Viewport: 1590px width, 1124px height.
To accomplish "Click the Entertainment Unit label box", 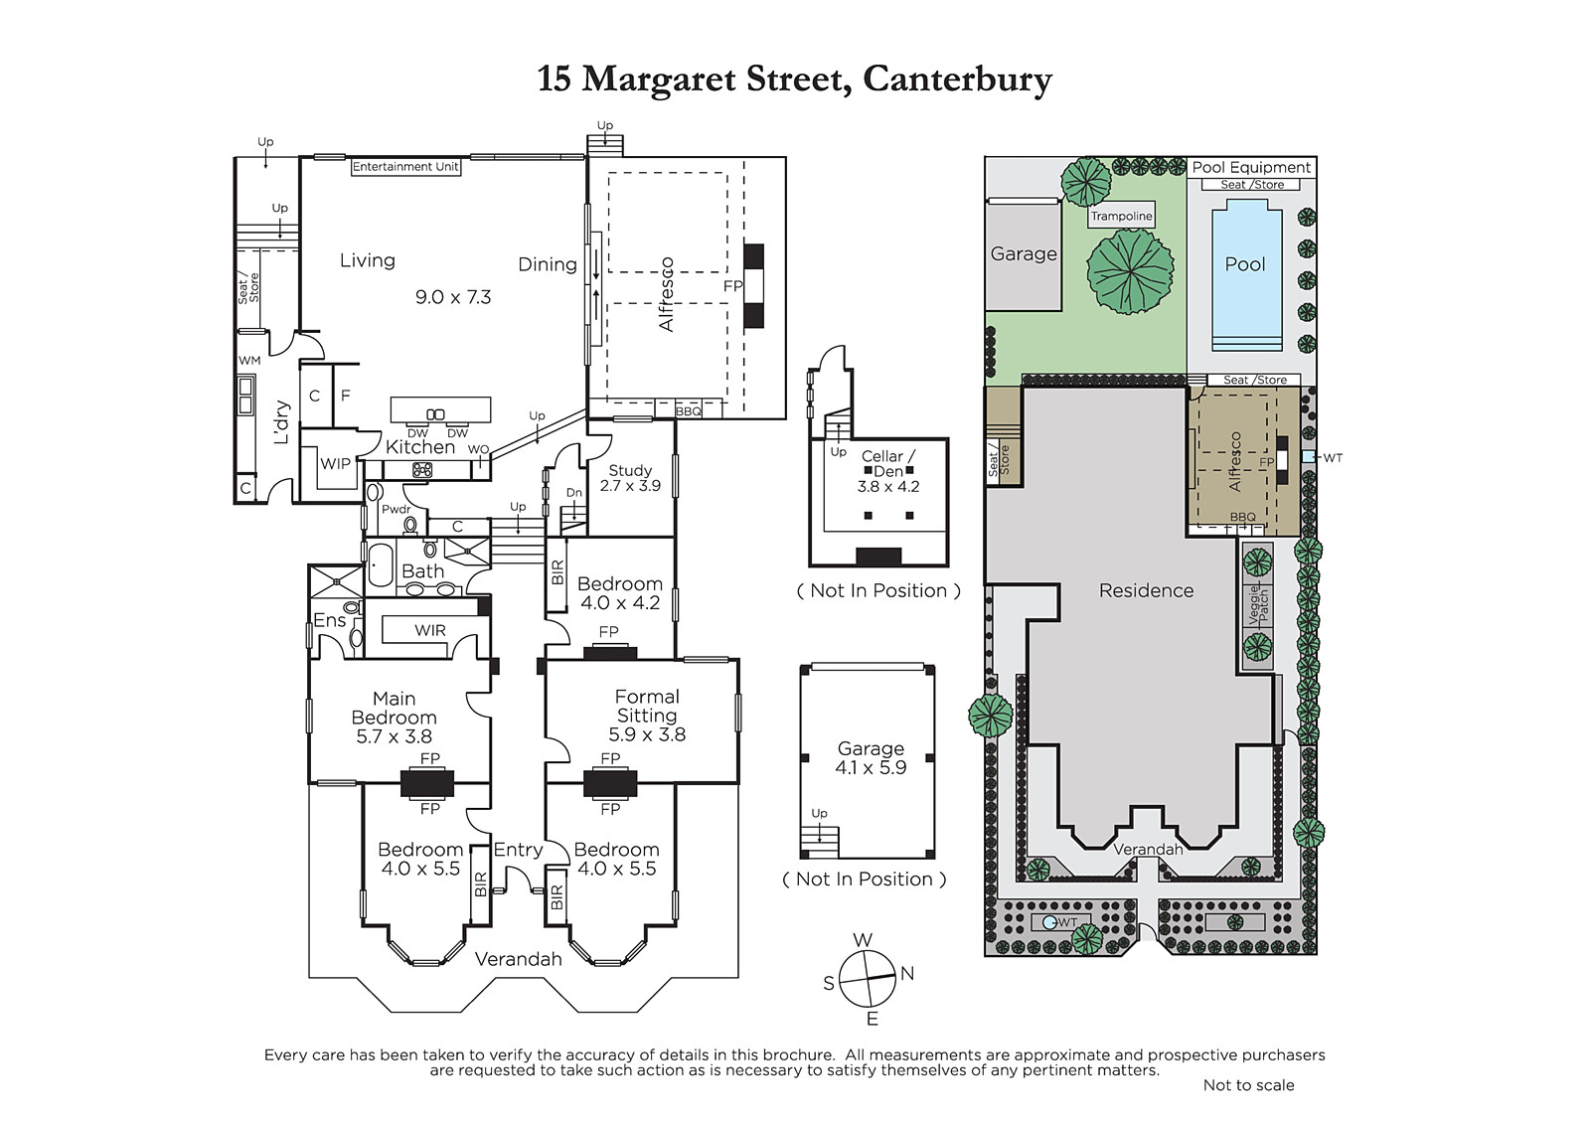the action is click(406, 167).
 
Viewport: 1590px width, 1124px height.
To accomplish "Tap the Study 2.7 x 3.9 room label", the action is click(630, 478).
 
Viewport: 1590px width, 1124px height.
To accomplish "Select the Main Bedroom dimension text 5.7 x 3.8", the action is click(394, 736).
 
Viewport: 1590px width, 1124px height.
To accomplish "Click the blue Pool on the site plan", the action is click(1246, 275).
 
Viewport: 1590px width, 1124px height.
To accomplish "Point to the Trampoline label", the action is click(1122, 216).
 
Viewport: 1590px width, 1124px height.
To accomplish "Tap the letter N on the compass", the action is click(907, 974).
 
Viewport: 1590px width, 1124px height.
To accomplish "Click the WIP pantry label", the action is click(335, 464).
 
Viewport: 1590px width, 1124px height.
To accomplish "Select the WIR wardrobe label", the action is click(430, 630).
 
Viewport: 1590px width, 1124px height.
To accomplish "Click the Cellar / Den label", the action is click(888, 464).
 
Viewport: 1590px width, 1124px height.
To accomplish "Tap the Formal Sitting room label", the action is click(647, 706).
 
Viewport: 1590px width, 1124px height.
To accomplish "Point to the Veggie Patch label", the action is click(1258, 604).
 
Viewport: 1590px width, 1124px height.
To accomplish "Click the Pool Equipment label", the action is click(1251, 168).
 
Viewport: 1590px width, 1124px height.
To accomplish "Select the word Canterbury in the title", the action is click(958, 80).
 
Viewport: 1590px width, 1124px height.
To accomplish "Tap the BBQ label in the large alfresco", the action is click(688, 411).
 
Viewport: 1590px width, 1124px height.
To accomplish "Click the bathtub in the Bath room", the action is click(380, 565).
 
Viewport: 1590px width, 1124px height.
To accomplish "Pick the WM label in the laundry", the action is click(249, 360).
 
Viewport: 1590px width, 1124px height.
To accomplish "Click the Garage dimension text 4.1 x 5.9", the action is click(871, 767).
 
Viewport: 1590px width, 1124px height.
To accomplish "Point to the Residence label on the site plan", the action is click(1147, 590).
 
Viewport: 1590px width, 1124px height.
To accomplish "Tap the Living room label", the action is click(367, 260).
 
